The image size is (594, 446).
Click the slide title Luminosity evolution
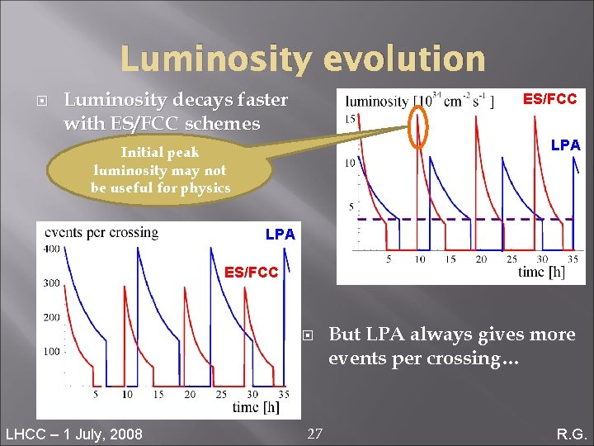302,59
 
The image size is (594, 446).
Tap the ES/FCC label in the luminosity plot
549,99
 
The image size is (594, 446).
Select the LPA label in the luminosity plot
565,145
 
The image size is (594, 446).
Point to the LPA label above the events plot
280,235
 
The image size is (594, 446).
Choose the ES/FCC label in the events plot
252,271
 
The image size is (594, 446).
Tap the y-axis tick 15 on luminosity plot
350,119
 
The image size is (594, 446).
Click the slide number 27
314,433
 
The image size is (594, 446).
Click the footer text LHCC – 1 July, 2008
73,434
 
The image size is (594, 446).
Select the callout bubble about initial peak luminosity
159,170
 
